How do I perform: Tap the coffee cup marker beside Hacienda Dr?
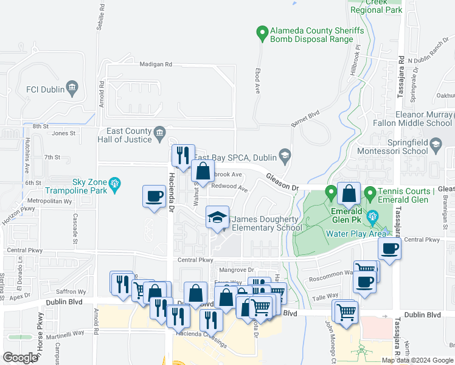coord(154,196)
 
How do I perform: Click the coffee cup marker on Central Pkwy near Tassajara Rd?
coord(389,248)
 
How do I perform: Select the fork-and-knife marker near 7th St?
coord(182,155)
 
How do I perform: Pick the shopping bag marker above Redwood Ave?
coord(203,170)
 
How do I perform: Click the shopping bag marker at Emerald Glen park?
coord(349,194)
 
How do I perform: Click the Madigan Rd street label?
coord(156,64)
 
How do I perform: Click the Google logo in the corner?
coord(21,357)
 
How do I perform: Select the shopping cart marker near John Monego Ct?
coord(346,312)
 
